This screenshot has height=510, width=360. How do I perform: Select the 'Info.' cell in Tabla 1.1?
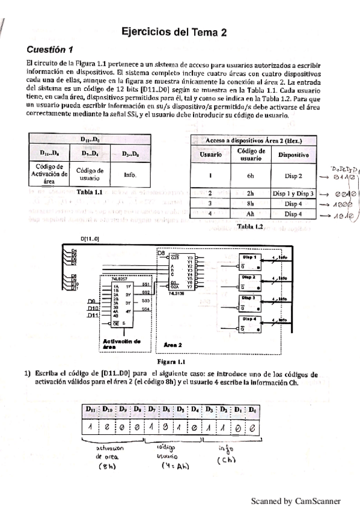click(x=130, y=175)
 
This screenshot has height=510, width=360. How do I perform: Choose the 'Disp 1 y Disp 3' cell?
click(x=293, y=194)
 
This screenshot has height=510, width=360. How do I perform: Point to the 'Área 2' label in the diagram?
click(x=175, y=345)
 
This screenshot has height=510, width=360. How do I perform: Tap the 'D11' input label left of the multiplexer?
click(x=92, y=315)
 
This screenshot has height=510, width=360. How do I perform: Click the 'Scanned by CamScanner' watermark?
click(x=296, y=500)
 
